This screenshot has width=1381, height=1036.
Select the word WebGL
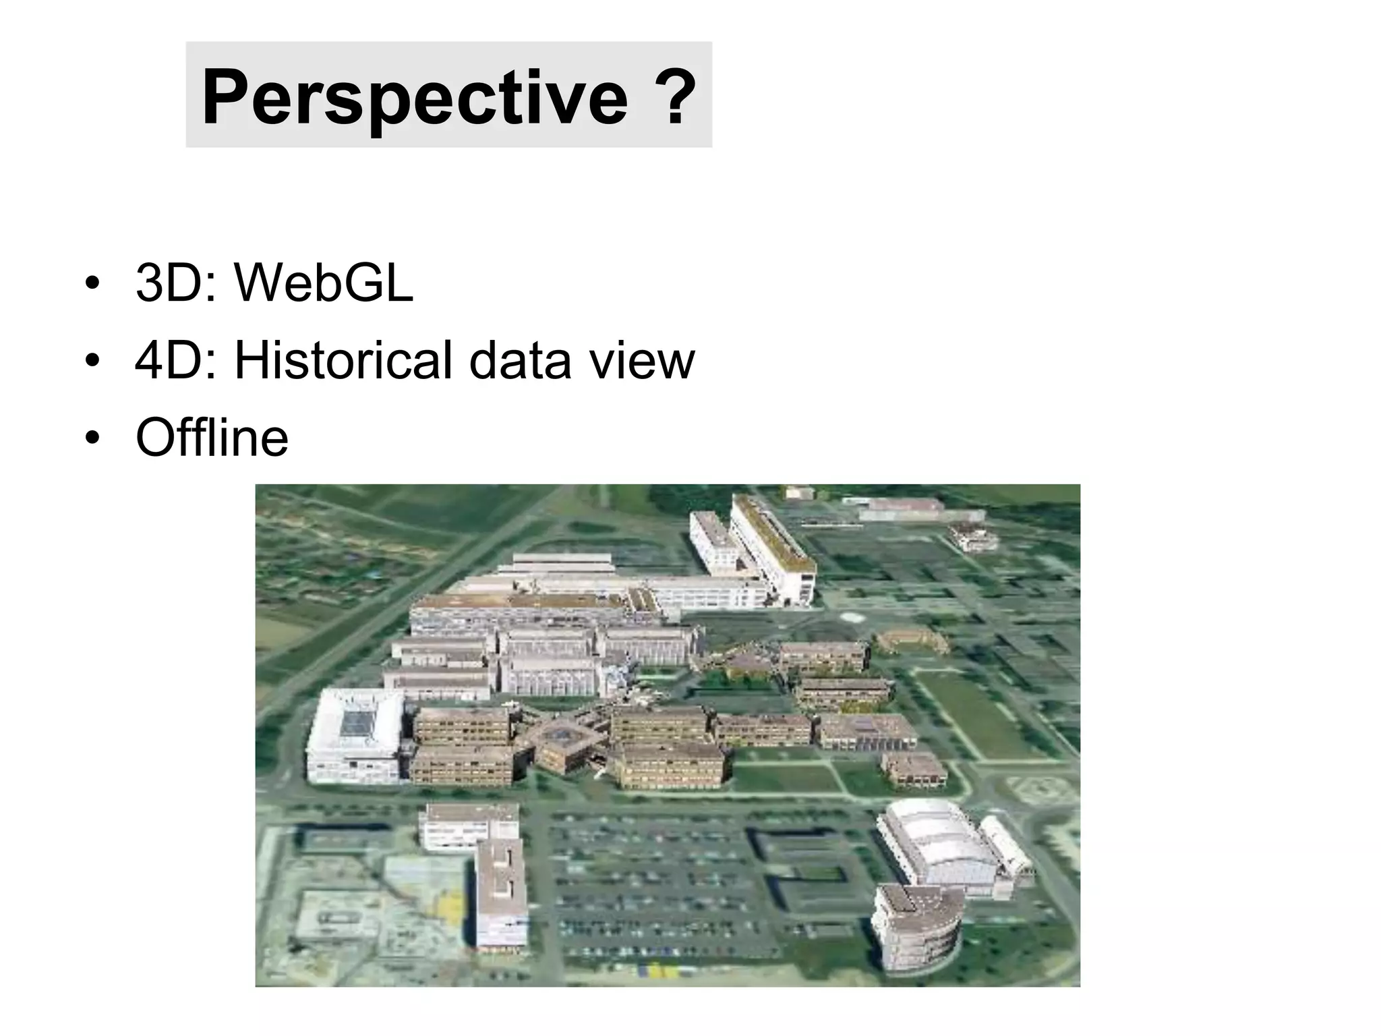pyautogui.click(x=323, y=283)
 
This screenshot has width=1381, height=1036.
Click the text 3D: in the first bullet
pyautogui.click(x=176, y=283)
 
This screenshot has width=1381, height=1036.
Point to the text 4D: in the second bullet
pyautogui.click(x=176, y=360)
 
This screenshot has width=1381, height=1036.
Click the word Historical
pyautogui.click(x=343, y=360)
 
